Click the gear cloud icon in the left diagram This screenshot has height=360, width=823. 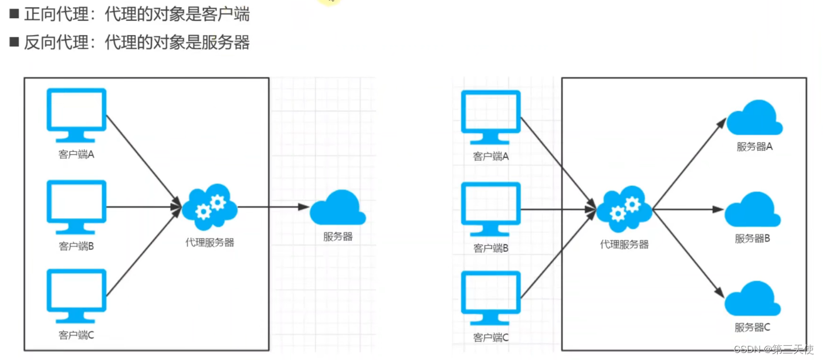tap(209, 206)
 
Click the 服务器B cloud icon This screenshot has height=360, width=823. tap(753, 210)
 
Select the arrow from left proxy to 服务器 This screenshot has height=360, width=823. tap(273, 206)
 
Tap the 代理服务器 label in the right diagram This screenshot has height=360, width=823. tap(624, 244)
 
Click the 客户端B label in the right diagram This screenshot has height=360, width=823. tap(490, 248)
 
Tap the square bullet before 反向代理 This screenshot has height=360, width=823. tap(14, 42)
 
